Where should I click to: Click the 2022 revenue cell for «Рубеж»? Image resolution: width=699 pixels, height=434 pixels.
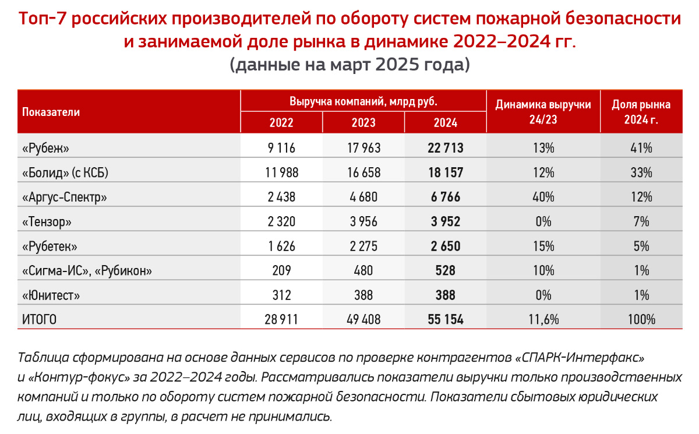(281, 148)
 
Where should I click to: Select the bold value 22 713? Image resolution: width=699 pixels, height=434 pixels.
(445, 148)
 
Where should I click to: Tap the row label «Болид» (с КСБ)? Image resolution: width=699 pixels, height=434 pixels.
(65, 172)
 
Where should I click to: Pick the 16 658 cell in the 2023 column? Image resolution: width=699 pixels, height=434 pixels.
(363, 172)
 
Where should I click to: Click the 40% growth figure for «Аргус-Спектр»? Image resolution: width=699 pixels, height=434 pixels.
(542, 197)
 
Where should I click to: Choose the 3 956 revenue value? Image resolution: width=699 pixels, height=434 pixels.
(363, 222)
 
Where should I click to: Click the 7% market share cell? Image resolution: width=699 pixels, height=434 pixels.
(641, 222)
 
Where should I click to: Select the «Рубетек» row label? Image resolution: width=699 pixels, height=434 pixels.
(50, 246)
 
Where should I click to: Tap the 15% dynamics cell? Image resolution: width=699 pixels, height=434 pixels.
(542, 246)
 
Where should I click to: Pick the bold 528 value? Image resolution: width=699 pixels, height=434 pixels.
(445, 271)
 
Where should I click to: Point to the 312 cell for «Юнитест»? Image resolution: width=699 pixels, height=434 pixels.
(281, 296)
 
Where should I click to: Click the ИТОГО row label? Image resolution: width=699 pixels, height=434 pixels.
(39, 320)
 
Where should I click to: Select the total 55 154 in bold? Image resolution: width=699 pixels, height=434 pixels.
(445, 320)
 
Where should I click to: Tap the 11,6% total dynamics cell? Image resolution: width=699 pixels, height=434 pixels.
(542, 320)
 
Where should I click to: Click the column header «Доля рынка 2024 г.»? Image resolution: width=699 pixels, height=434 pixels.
(641, 112)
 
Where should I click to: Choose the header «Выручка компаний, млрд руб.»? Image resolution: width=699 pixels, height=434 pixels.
(363, 101)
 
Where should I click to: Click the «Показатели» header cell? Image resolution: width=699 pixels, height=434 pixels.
(51, 112)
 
